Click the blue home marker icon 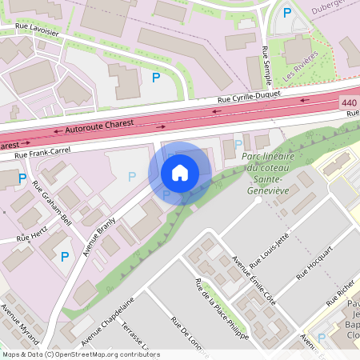180,172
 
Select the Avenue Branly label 102,234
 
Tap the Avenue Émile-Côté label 252,281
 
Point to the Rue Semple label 266,65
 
